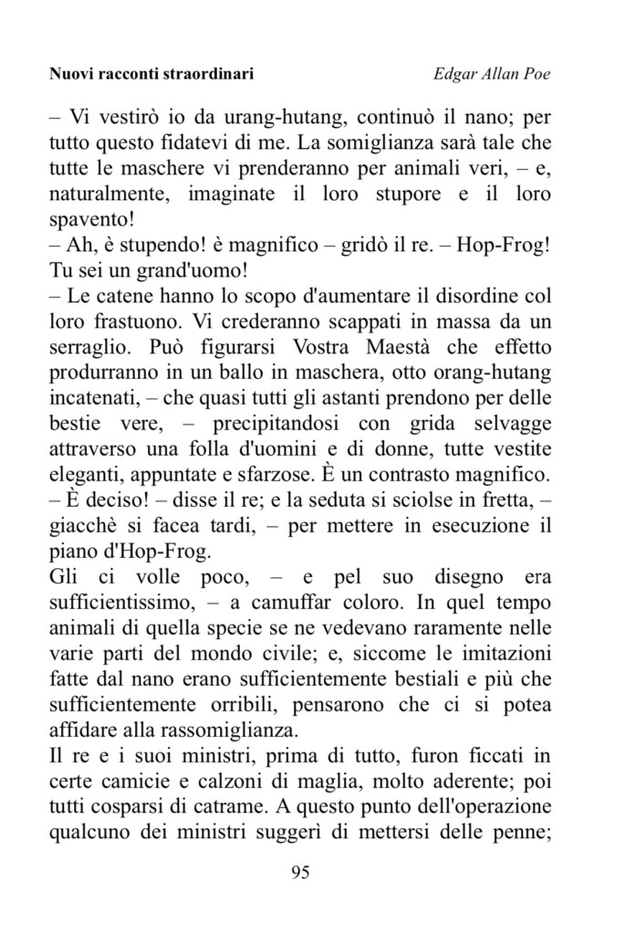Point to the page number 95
[300, 871]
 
